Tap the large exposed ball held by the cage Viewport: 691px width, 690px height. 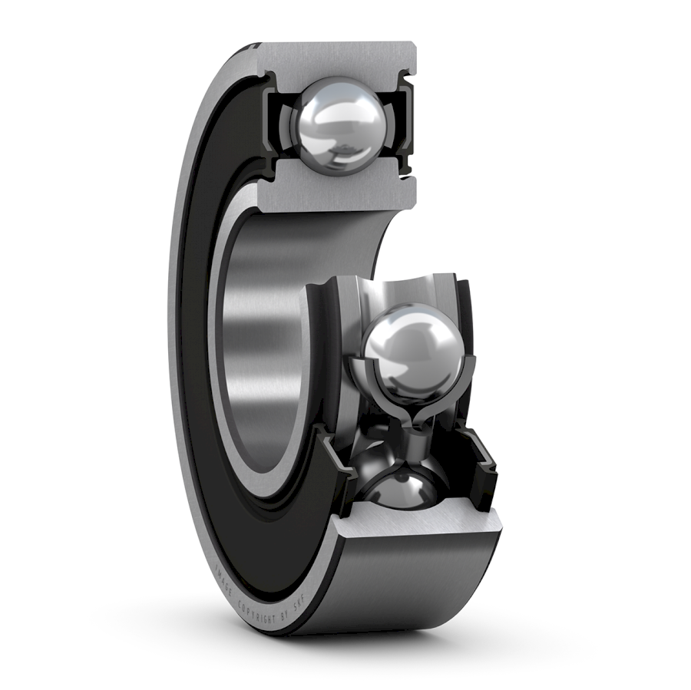(412, 352)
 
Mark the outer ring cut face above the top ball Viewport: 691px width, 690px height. (338, 60)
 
